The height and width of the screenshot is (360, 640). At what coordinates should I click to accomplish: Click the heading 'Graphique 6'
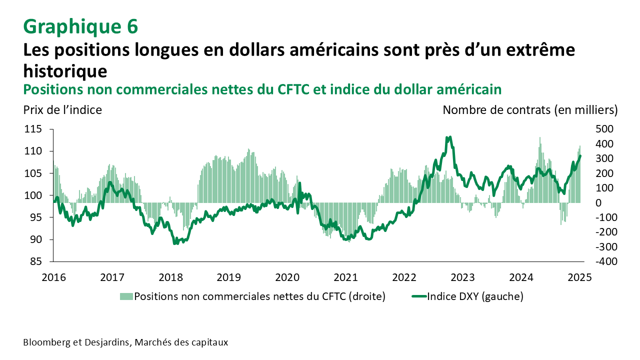pos(80,26)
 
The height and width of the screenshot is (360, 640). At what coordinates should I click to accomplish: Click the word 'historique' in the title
pos(65,70)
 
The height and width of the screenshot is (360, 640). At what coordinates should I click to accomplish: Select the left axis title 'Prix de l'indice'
pos(62,110)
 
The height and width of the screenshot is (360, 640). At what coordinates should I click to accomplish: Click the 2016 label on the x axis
pos(53,277)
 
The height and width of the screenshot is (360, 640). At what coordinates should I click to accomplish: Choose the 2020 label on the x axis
pos(287,277)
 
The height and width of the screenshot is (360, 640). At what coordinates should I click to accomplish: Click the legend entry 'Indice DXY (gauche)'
pos(475,296)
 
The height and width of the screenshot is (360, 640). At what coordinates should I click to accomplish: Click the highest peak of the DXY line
pos(450,137)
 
